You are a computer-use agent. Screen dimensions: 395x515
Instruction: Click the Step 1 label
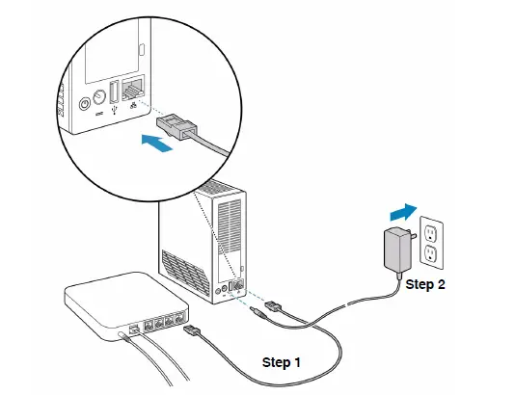[x=282, y=363]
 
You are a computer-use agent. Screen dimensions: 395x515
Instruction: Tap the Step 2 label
[x=425, y=284]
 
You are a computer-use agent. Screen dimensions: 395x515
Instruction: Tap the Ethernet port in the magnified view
[x=133, y=91]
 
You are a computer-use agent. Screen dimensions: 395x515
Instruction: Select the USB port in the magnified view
[x=112, y=93]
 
